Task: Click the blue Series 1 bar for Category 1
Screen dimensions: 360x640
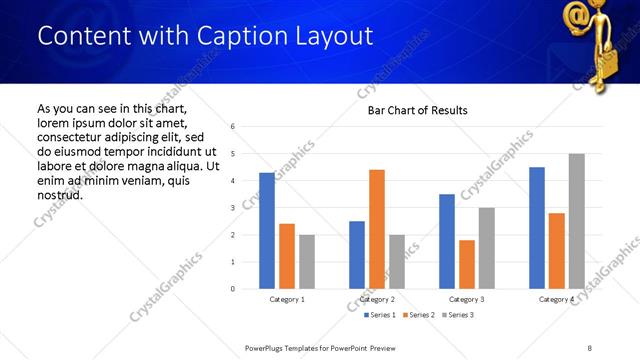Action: pos(266,231)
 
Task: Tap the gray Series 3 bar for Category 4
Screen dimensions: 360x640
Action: pos(577,221)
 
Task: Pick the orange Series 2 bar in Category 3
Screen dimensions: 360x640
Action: pos(467,264)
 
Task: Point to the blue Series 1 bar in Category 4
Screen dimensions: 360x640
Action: pos(537,228)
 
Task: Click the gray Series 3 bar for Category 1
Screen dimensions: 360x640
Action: pos(306,262)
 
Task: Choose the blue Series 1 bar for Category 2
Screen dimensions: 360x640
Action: pos(357,255)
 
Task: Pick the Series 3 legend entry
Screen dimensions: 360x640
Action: pos(457,315)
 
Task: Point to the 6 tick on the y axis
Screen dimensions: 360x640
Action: pos(232,127)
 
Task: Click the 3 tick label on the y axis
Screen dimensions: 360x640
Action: pos(232,208)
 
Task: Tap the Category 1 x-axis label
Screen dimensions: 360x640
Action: pos(287,299)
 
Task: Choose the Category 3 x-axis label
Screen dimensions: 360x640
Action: pos(467,299)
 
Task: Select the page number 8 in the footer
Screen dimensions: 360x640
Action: pos(589,347)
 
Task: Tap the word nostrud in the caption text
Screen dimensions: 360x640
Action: pos(60,194)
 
